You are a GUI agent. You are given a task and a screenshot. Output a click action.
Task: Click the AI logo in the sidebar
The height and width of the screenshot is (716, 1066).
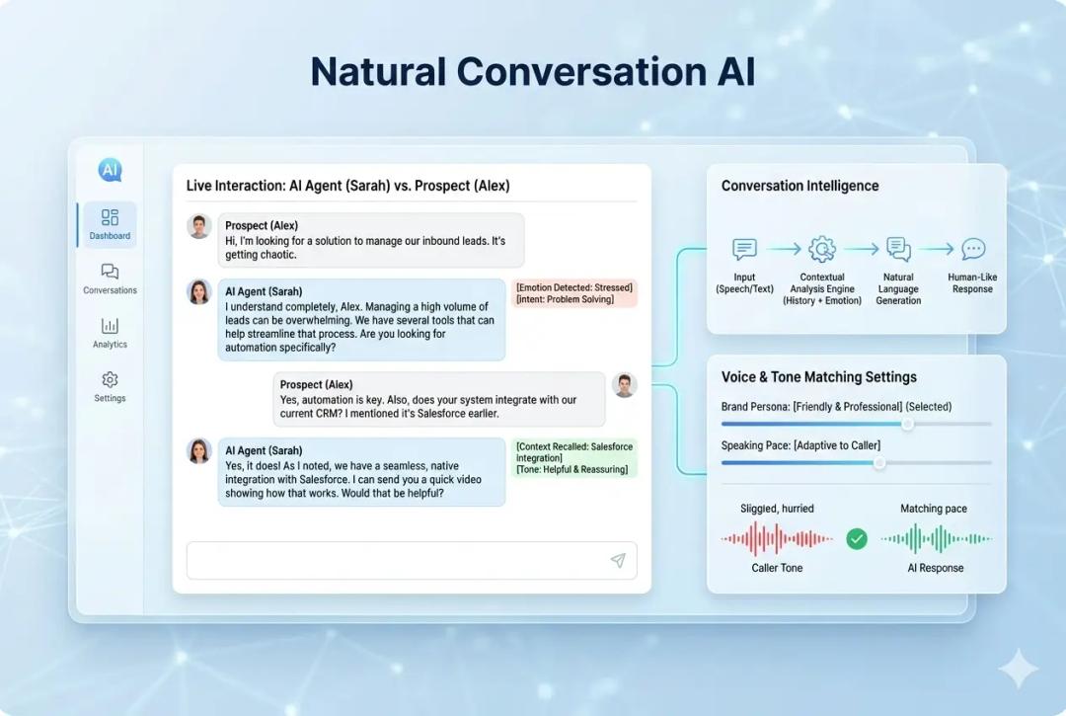coord(110,170)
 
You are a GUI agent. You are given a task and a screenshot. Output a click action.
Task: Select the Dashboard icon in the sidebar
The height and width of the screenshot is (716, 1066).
coord(110,217)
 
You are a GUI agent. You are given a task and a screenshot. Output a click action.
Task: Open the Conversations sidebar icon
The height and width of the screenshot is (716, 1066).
coord(110,272)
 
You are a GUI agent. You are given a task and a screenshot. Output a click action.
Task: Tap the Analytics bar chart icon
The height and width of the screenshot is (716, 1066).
coord(110,326)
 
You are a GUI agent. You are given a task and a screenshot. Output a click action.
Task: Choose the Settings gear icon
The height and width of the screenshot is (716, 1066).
coord(110,380)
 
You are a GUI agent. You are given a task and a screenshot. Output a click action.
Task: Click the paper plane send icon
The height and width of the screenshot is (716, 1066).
coord(618,561)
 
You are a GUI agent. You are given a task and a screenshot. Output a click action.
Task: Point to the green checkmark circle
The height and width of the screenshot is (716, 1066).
coord(857,538)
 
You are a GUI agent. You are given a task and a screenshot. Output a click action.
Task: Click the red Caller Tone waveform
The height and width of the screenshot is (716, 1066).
coord(777,538)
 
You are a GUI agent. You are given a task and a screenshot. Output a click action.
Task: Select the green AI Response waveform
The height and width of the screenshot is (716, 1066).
coord(936,538)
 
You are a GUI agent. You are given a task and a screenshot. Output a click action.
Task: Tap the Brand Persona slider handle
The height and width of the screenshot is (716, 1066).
coord(907,424)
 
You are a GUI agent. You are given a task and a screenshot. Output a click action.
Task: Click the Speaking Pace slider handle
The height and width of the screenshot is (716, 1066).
coord(879,462)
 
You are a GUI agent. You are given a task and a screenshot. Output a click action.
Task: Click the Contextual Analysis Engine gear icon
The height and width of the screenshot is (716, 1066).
coord(822,249)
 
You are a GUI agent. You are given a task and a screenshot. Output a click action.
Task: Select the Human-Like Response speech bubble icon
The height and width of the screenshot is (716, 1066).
coord(973,249)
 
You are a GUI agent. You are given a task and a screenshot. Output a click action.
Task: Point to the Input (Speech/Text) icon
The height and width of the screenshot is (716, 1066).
coord(744,249)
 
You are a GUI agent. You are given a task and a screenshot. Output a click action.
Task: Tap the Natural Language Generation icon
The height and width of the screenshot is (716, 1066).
coord(898,249)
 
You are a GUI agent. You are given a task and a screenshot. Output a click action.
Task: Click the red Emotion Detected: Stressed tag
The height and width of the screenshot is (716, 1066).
coord(574,293)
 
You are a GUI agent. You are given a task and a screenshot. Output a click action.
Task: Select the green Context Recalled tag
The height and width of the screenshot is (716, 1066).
coord(574,458)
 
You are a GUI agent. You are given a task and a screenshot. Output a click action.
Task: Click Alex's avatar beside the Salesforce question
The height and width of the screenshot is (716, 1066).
coord(624,385)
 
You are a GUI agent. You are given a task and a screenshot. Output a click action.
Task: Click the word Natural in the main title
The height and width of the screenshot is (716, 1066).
coord(377,72)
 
